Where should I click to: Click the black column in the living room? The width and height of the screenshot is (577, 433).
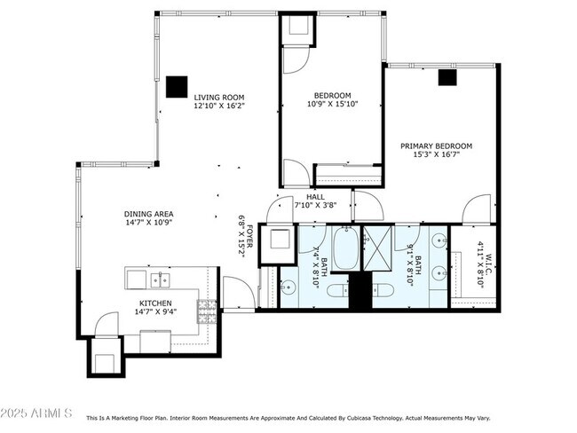(176, 86)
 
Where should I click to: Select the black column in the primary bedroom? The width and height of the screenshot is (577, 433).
(447, 77)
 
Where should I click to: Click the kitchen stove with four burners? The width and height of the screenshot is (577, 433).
(207, 311)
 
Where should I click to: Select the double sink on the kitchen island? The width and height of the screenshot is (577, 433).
(160, 280)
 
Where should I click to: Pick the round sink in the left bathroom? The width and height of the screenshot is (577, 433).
(288, 287)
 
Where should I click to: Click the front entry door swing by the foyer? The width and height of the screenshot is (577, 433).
(235, 293)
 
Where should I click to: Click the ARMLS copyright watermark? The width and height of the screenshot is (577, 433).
(37, 413)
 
